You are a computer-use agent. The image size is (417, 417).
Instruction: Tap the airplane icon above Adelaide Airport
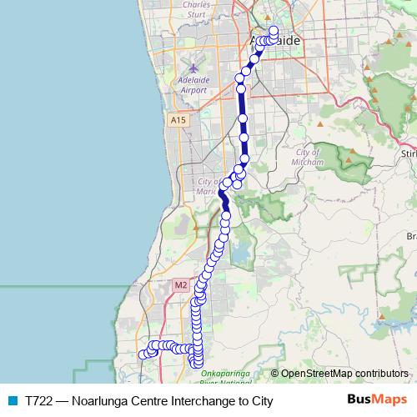[x=193, y=67]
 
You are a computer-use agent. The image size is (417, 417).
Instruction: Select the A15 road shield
[x=178, y=121]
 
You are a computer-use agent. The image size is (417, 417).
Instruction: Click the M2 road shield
[x=181, y=285]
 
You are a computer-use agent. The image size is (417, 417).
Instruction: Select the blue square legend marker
[x=12, y=401]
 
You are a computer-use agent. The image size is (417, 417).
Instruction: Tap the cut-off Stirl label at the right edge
[x=408, y=154]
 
